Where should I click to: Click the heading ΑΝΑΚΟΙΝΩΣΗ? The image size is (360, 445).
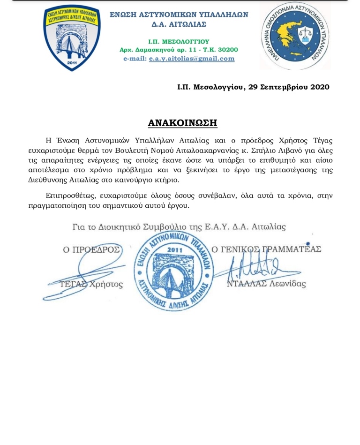click(x=182, y=123)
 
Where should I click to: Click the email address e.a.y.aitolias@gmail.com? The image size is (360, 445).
click(x=192, y=59)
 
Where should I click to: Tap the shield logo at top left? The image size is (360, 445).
click(x=72, y=38)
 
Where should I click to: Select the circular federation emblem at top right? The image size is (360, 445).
click(x=295, y=37)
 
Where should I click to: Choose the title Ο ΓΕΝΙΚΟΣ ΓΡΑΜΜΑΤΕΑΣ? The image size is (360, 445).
click(x=266, y=249)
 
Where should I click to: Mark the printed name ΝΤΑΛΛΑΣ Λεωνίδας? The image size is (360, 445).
click(x=266, y=284)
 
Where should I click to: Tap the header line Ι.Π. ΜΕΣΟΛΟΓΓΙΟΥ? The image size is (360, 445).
click(x=179, y=41)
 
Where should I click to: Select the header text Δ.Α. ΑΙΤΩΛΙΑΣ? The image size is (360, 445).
click(x=179, y=24)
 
